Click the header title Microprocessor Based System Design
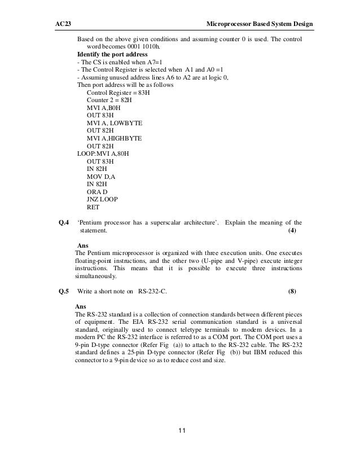(260, 24)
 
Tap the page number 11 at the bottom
(180, 432)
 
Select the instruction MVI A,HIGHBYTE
(114, 137)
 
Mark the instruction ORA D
(98, 191)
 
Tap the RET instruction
(93, 206)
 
